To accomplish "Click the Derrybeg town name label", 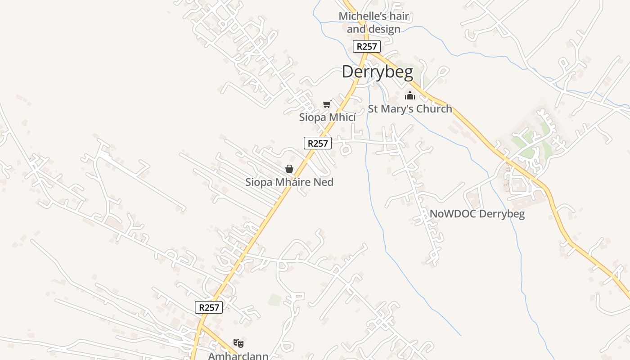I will (377, 72).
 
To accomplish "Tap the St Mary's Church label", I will (410, 109).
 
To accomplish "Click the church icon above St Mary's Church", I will (409, 95).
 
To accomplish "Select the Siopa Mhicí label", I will (327, 117).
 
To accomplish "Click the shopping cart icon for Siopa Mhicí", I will (327, 104).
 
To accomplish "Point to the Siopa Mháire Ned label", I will (289, 182).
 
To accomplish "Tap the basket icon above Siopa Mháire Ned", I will (289, 169).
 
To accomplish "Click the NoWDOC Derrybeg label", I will (477, 214).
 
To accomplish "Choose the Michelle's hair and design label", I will (374, 22).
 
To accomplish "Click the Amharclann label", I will (238, 356).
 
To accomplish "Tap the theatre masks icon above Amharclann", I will (238, 343).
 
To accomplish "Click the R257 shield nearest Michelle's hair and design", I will (367, 46).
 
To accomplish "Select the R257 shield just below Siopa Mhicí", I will (318, 144).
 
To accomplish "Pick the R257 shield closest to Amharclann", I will (209, 307).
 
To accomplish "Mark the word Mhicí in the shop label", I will (342, 117).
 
